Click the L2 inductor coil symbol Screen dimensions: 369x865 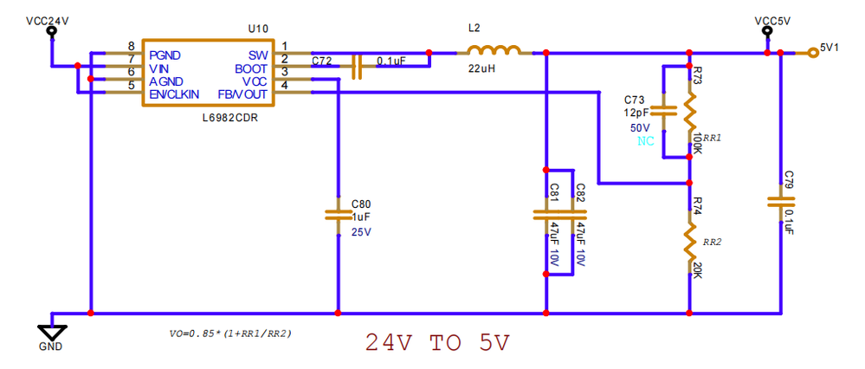(494, 50)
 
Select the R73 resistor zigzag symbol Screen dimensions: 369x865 (689, 109)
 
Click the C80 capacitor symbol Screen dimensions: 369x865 (338, 213)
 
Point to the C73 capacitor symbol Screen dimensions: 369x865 (663, 111)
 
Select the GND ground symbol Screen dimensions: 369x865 (53, 333)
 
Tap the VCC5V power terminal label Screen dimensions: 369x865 (766, 19)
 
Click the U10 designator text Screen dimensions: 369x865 (257, 28)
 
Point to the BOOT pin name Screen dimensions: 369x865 (253, 68)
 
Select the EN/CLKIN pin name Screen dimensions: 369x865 (173, 93)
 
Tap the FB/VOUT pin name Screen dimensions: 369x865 (243, 93)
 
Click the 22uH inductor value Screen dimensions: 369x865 (482, 68)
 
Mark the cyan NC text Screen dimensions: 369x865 (646, 142)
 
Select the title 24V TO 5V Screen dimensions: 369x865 (436, 343)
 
